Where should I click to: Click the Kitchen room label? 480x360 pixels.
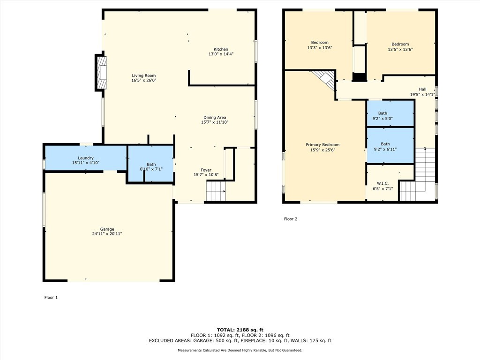(221, 49)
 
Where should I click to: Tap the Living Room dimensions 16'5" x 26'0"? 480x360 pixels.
(144, 80)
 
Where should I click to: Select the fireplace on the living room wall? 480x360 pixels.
(101, 73)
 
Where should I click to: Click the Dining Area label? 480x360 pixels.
(215, 117)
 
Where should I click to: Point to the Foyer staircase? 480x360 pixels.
(216, 191)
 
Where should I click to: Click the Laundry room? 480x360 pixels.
(86, 158)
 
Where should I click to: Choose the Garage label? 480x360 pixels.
(107, 229)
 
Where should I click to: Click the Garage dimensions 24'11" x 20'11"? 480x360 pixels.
(107, 234)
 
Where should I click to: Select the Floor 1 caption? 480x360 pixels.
(51, 297)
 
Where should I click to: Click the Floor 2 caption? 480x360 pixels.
(291, 219)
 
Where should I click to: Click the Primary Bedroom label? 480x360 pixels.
(322, 145)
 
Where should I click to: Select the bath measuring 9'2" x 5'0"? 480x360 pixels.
(390, 113)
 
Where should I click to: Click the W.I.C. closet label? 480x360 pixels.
(382, 183)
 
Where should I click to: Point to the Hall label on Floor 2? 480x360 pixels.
(422, 89)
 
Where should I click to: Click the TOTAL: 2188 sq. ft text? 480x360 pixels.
(240, 330)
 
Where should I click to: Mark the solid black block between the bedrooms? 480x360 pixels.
(360, 77)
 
